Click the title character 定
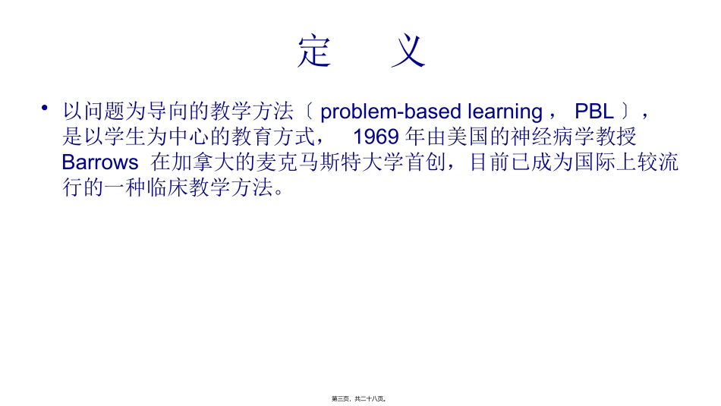314,52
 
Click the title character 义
408,52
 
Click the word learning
504,112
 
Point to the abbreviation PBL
594,112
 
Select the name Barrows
99,162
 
